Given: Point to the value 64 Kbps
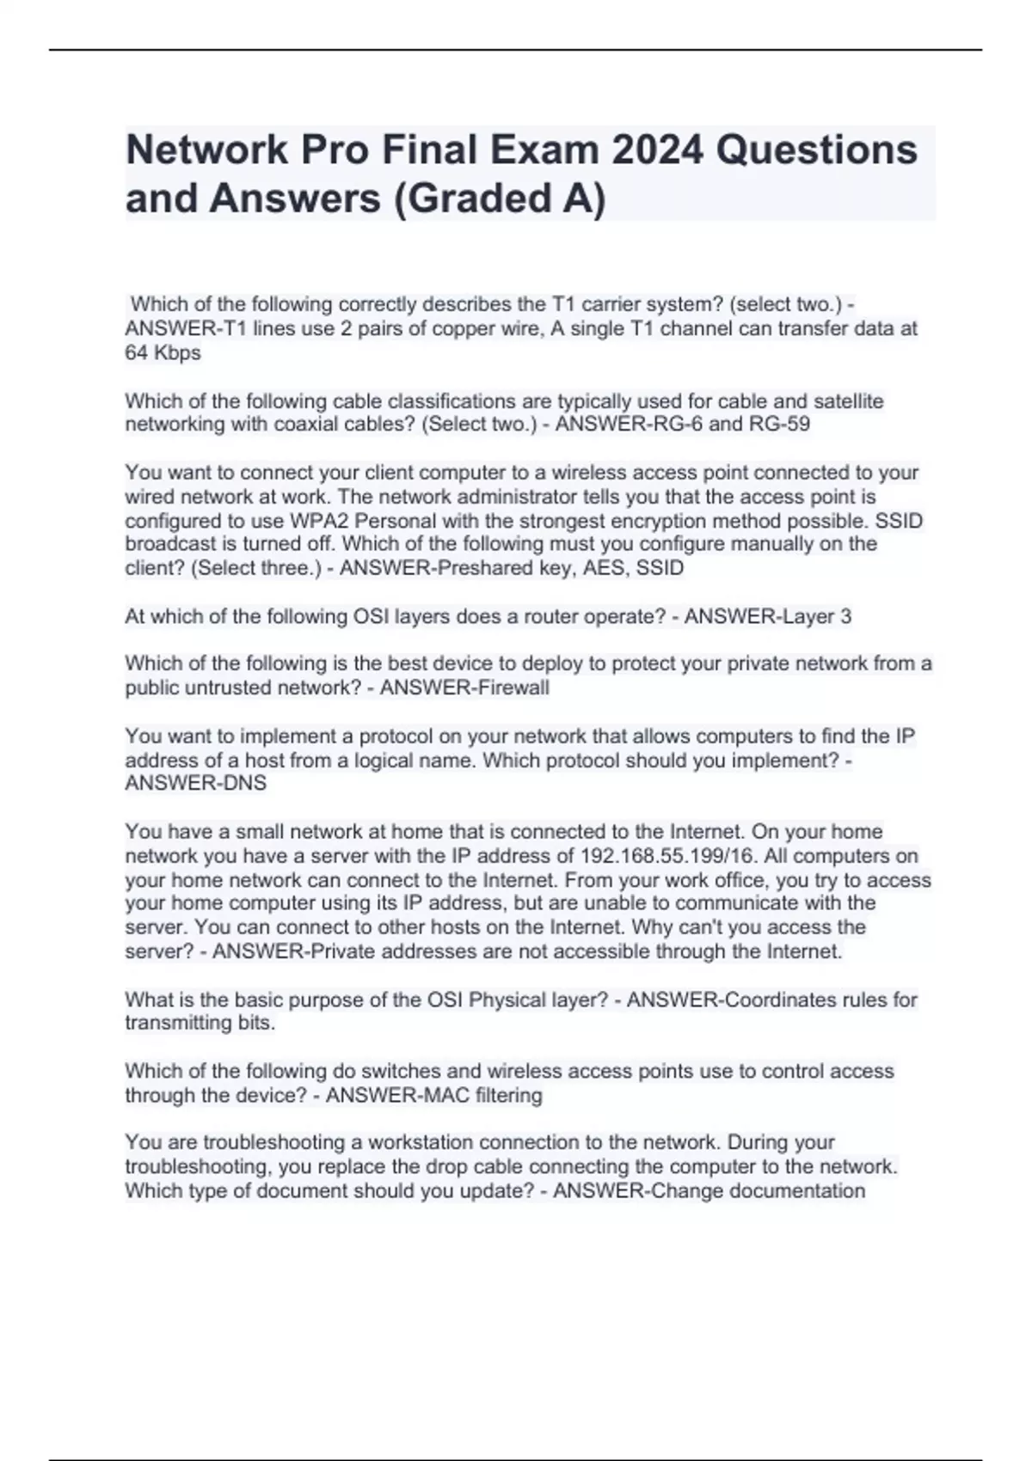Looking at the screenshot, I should coord(163,352).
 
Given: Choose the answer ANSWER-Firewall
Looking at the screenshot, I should coord(464,688).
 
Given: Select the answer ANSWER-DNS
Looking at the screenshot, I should coord(195,783).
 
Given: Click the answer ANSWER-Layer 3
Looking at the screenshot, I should coord(767,616).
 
